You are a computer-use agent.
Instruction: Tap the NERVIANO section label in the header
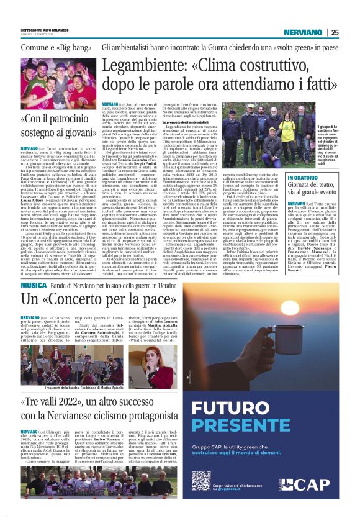[303, 32]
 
